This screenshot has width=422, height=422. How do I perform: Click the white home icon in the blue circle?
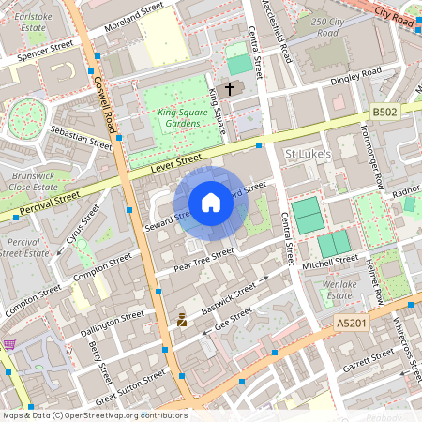[211, 203]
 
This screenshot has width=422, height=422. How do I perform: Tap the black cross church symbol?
[230, 87]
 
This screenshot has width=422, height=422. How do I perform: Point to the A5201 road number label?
[352, 322]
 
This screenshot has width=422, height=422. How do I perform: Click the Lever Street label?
[177, 161]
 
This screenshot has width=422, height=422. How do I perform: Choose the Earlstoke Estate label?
[33, 22]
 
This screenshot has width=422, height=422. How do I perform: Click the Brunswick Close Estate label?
[33, 180]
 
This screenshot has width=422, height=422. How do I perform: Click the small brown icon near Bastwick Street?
[182, 321]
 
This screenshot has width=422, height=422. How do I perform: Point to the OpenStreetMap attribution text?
[94, 414]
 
